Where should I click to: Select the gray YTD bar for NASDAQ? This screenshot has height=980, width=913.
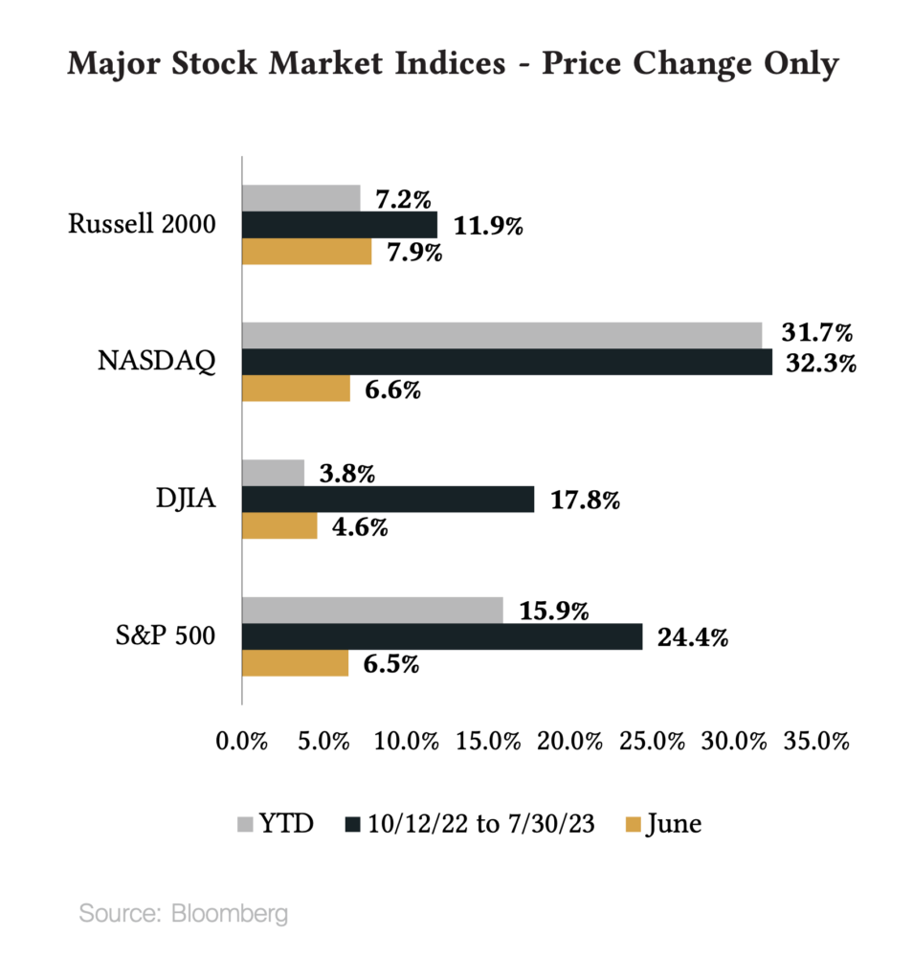501,335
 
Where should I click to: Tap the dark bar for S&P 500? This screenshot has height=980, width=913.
441,636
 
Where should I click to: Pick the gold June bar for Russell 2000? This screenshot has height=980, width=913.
306,252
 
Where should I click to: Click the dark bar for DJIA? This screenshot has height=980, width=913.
388,500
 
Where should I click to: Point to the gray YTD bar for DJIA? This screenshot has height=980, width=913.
273,473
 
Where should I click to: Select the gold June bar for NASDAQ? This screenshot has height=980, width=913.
296,389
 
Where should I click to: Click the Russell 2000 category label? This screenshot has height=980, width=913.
142,224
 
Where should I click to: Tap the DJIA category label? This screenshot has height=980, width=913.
186,500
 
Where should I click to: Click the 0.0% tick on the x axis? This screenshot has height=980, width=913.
241,742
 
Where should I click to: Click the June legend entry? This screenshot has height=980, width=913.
663,823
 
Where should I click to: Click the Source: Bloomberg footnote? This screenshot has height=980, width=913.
183,913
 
